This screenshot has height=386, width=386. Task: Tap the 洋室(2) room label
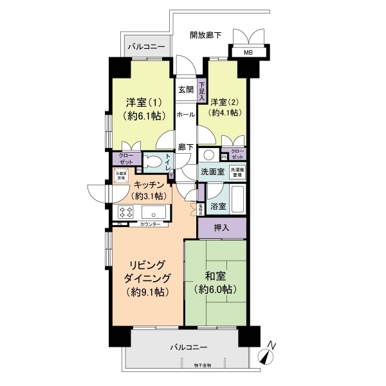click(x=221, y=102)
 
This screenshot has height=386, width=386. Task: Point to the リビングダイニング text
click(x=147, y=279)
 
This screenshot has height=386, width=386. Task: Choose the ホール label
click(x=187, y=114)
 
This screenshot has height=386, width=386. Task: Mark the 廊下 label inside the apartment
click(x=187, y=147)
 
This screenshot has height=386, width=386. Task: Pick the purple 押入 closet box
click(x=222, y=228)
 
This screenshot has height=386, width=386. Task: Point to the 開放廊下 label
click(x=206, y=35)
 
